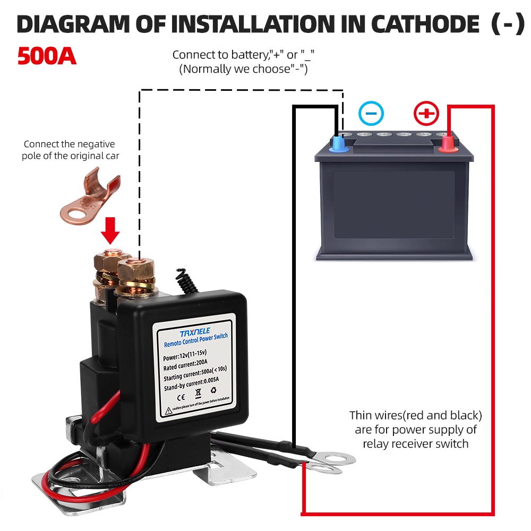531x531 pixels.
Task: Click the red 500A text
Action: coord(47,56)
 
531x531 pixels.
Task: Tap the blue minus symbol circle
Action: coord(371,113)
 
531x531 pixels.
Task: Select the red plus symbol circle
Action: coord(426,113)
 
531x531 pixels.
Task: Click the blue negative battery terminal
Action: coord(338,143)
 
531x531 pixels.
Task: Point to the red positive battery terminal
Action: coord(449,142)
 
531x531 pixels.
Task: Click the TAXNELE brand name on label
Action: coord(195,333)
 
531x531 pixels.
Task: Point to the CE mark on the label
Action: coord(180,397)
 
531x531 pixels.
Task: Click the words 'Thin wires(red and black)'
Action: coord(416,415)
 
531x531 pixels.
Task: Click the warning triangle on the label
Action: coord(168,410)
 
